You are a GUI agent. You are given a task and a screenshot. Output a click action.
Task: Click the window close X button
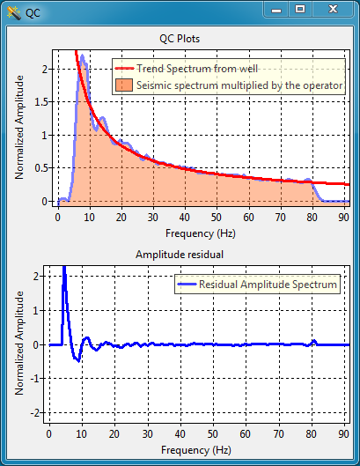[333, 9]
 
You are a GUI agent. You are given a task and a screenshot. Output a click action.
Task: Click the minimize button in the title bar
[276, 10]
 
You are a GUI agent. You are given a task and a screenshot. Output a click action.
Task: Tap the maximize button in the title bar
[300, 9]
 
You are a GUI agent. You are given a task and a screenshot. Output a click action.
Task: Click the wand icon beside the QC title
[14, 13]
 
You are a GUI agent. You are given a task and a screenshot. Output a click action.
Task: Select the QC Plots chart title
[180, 39]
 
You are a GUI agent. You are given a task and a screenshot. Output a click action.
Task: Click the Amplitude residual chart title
[180, 255]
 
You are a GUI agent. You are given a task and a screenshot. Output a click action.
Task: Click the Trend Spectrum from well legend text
[197, 69]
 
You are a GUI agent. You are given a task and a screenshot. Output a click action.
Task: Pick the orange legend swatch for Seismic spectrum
[124, 85]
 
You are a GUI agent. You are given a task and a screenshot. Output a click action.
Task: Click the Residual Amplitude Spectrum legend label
[268, 285]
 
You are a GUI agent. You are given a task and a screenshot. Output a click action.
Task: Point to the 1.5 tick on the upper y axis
[42, 102]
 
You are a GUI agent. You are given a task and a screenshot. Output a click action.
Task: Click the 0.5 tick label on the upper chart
[42, 168]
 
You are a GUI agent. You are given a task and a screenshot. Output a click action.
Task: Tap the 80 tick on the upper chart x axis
[312, 218]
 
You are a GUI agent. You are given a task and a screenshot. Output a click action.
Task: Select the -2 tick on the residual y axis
[35, 412]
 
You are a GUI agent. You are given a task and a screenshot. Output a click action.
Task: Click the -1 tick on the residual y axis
[35, 378]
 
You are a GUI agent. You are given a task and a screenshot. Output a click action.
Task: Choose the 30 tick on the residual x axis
[147, 434]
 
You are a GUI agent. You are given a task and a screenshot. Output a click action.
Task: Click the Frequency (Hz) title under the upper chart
[201, 233]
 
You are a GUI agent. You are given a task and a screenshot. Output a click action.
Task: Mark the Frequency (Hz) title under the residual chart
[196, 450]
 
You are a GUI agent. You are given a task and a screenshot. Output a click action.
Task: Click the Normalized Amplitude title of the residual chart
[19, 343]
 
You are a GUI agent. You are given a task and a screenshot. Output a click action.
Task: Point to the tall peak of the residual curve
[64, 268]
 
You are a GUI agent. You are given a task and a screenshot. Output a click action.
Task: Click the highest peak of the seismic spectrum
[82, 55]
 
